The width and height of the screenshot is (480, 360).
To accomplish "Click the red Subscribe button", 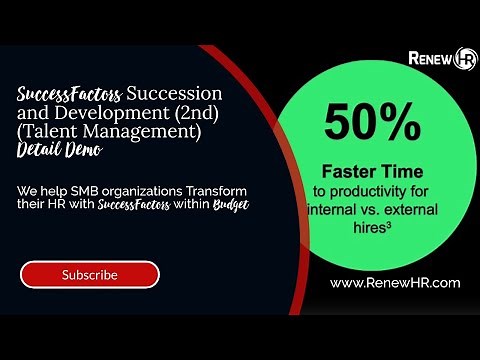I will pos(90,274).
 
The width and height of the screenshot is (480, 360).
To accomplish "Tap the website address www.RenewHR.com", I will pos(395,283).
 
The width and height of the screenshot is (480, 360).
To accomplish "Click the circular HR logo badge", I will pos(465,59).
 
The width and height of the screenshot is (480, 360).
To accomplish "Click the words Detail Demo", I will pos(59,150).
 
